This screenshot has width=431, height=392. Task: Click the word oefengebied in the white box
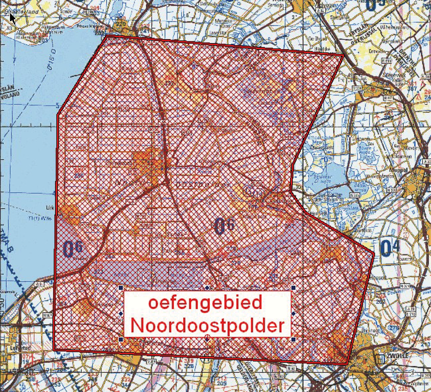(x=205, y=303)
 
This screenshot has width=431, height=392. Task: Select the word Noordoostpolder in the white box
(x=207, y=326)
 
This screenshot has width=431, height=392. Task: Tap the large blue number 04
(x=390, y=248)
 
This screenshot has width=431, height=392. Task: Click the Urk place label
(x=50, y=208)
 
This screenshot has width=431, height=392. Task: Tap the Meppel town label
(x=400, y=170)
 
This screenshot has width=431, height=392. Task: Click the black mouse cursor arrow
(x=12, y=18)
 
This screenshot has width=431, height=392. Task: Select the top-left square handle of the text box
(x=121, y=287)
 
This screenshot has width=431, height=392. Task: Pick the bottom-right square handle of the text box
(x=293, y=339)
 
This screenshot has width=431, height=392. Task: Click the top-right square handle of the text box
(x=293, y=287)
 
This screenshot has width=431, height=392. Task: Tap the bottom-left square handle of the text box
(x=121, y=339)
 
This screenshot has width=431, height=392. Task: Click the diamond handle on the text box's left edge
(x=121, y=314)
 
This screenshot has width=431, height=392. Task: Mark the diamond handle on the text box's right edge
(x=293, y=314)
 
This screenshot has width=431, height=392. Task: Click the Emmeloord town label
(x=118, y=163)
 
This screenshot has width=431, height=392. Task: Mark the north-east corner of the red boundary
(x=343, y=55)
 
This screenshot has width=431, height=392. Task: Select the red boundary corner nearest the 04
(x=374, y=254)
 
